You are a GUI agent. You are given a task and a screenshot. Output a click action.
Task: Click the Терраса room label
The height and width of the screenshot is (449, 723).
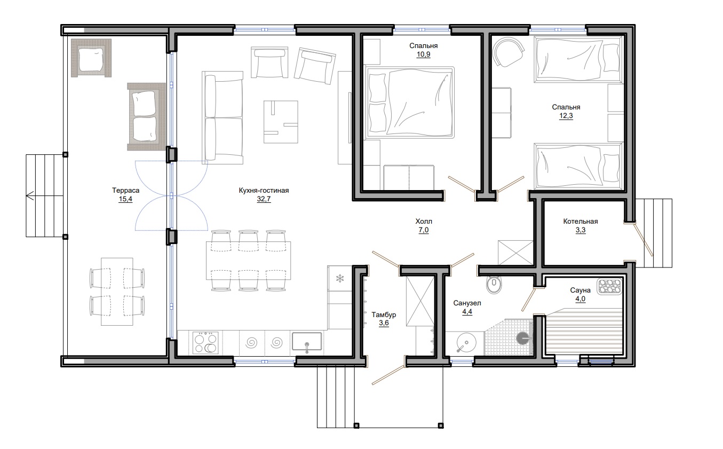(125, 190)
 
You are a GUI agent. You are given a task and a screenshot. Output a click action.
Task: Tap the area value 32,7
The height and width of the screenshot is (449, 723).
(264, 199)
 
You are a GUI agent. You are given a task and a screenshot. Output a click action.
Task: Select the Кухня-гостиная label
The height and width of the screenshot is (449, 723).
(264, 190)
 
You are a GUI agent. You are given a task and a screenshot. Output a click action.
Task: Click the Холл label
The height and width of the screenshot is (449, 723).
(424, 221)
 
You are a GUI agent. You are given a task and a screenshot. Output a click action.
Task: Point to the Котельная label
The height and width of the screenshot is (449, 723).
(581, 221)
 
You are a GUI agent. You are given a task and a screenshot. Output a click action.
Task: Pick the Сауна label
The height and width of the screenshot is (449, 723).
(581, 290)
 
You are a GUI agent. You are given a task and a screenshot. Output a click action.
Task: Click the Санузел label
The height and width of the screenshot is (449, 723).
(467, 303)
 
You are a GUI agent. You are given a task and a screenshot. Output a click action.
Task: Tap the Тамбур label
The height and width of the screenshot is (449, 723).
(384, 314)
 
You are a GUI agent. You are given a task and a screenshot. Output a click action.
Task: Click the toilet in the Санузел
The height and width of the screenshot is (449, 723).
(494, 284)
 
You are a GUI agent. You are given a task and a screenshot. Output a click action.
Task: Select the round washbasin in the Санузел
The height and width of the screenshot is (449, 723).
(466, 343)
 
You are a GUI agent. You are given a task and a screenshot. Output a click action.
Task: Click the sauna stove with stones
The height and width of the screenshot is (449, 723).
(609, 287)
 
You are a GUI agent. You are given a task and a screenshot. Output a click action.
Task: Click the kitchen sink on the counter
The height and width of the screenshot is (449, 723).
(307, 342)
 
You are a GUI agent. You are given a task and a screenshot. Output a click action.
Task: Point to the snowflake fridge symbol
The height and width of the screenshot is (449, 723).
(340, 278)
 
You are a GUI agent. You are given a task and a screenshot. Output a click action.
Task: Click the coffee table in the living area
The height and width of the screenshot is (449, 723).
(281, 122)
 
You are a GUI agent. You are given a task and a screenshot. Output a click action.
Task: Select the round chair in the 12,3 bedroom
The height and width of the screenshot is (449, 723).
(508, 52)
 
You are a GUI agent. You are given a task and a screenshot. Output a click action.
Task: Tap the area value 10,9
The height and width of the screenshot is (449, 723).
(424, 54)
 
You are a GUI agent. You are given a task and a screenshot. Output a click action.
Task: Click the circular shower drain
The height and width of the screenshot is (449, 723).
(523, 338)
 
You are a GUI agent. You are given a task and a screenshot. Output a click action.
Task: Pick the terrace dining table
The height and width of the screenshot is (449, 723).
(117, 292)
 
